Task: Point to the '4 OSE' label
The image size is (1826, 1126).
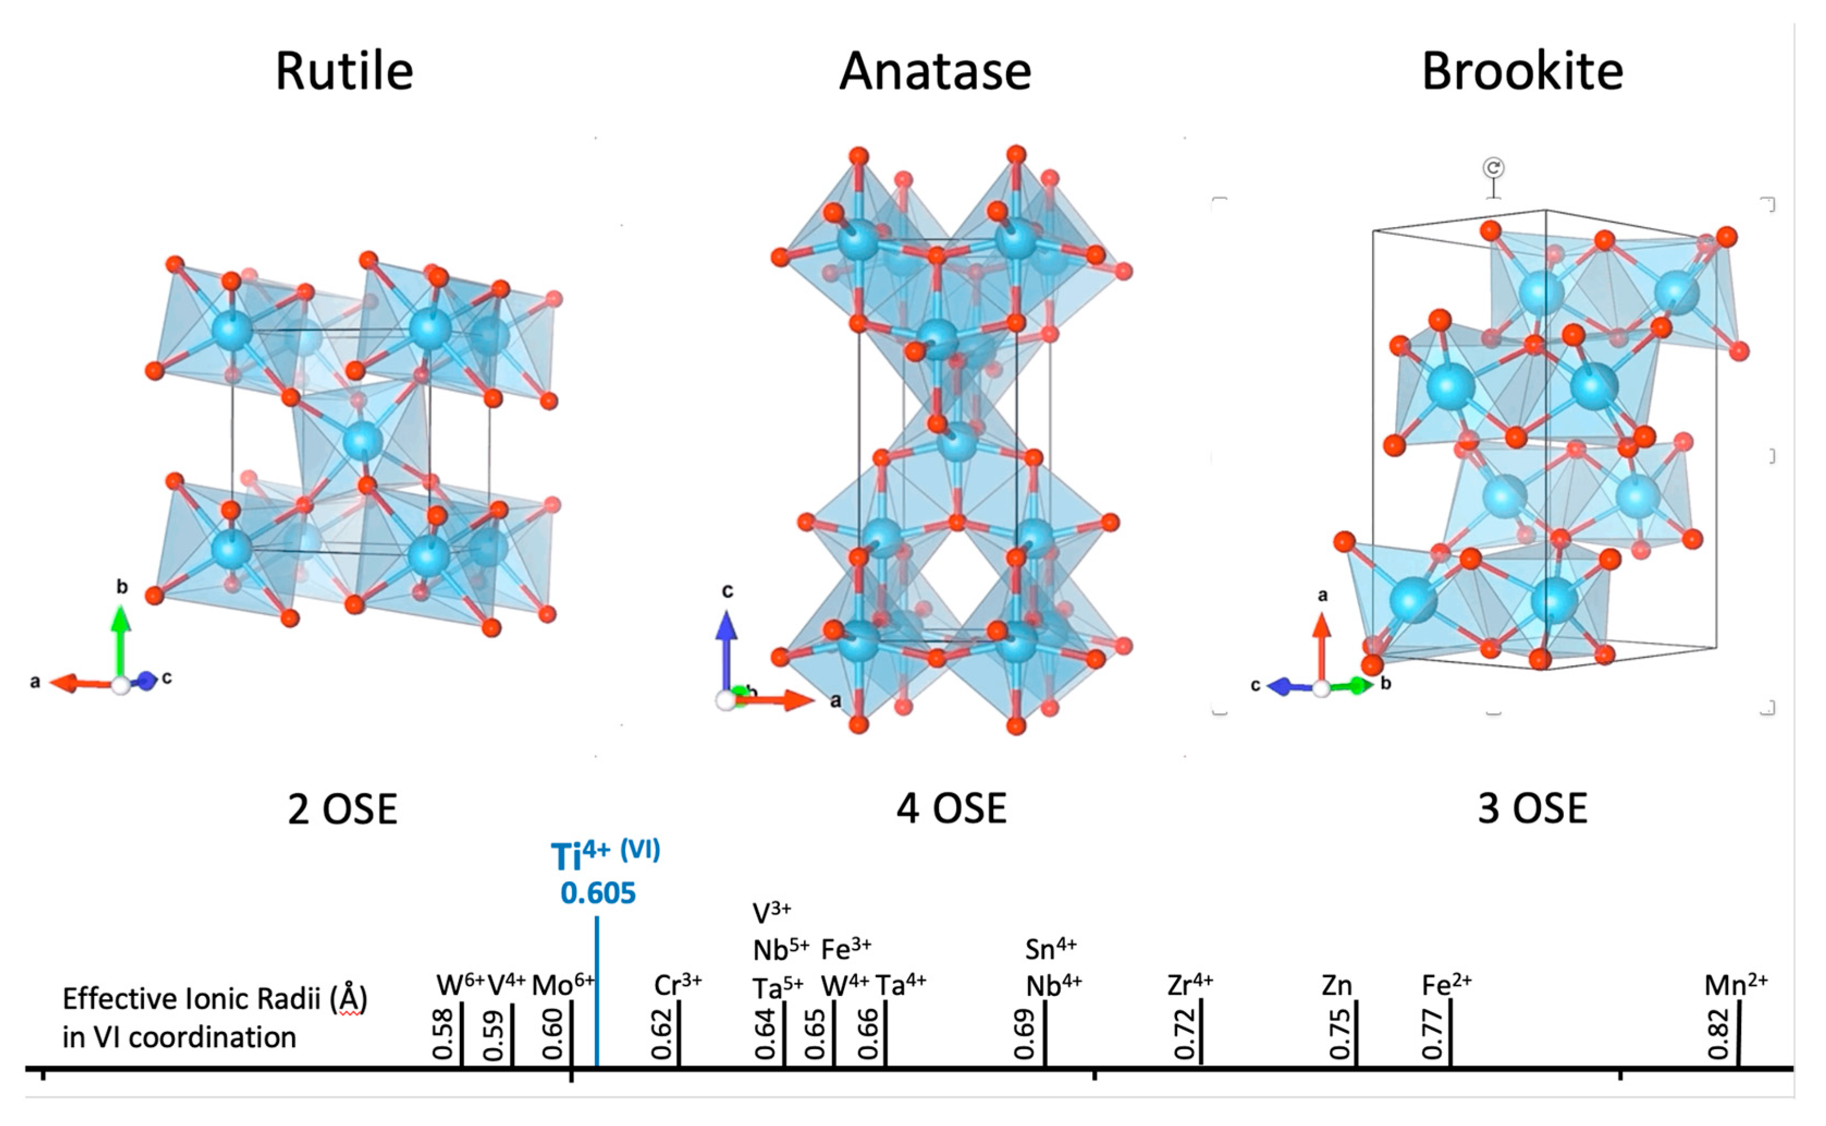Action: [951, 810]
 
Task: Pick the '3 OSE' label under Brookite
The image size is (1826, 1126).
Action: [1532, 810]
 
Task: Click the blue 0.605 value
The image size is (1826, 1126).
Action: [599, 893]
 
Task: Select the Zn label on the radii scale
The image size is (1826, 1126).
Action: [1336, 986]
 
